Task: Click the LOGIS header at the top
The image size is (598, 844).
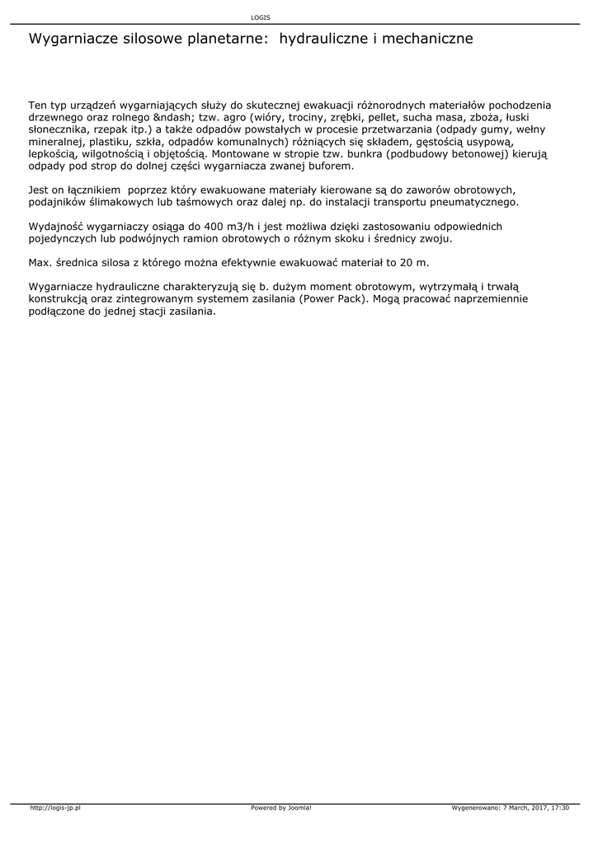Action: pos(260,17)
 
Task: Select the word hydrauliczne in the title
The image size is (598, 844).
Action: pos(323,39)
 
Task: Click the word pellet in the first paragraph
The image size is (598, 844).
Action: pos(392,118)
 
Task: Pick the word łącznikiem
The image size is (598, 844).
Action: pos(88,190)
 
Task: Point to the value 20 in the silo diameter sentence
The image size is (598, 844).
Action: pos(407,262)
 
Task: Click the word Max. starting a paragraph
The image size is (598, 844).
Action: pos(40,262)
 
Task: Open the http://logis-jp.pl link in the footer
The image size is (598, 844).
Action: pos(54,808)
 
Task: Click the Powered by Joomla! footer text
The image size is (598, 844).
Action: pos(281,808)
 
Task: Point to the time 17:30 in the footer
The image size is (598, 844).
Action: pos(558,808)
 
